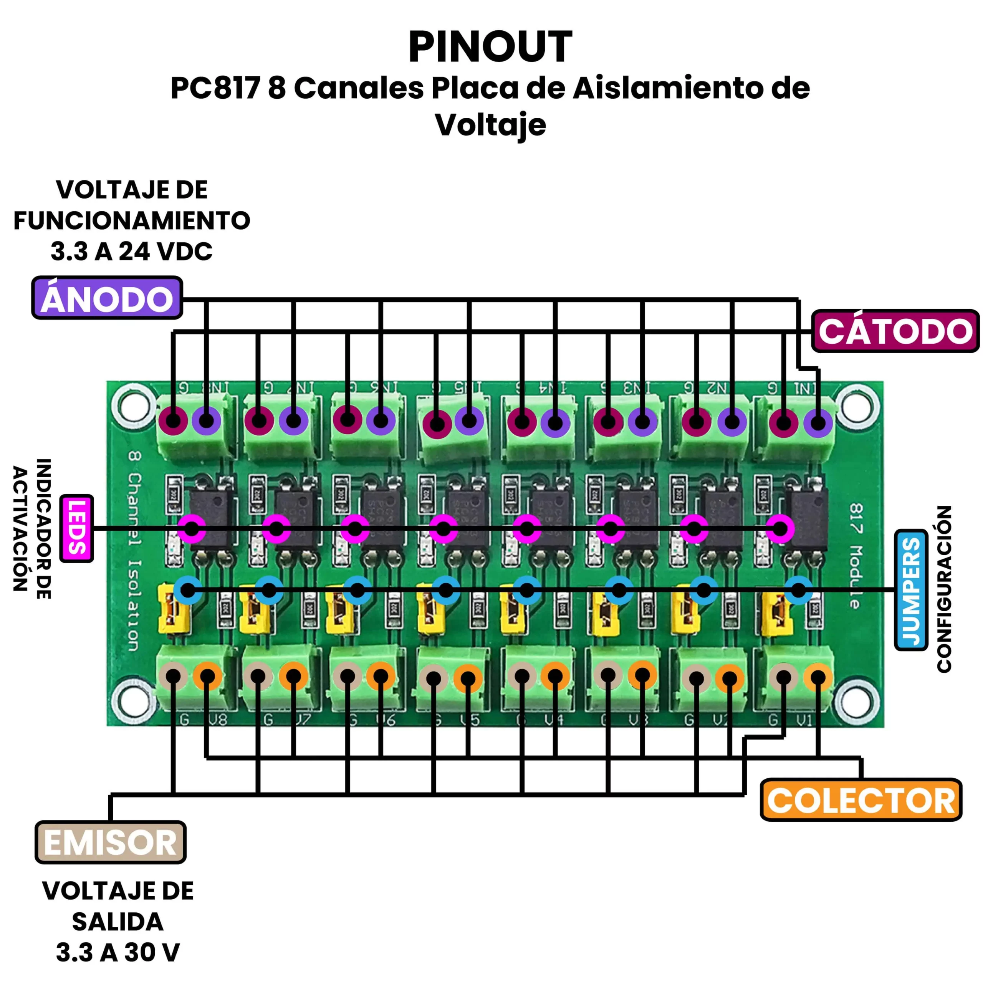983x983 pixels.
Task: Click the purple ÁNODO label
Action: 107,298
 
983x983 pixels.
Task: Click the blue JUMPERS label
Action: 910,590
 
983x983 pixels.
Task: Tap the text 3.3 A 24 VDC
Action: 131,252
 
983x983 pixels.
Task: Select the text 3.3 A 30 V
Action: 117,952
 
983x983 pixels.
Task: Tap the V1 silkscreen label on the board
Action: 804,720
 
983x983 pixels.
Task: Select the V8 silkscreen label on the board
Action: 218,720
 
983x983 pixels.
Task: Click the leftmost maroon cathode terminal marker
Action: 173,421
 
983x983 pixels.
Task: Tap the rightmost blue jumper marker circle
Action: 798,590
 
